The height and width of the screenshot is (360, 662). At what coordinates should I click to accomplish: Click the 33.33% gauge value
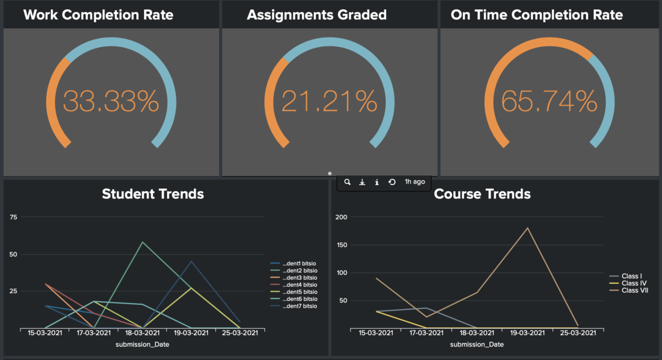coord(111,101)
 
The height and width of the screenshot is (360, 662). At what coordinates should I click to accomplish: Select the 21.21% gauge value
coord(329,101)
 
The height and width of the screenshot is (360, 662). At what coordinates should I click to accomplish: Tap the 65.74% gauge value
coord(549,101)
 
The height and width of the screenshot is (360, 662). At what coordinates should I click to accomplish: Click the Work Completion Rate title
coord(98,15)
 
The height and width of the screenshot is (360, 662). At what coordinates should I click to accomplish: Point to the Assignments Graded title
coord(317,15)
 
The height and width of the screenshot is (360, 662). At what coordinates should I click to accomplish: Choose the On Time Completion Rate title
coord(537,15)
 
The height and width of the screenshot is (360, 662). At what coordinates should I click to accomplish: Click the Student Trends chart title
coord(153,194)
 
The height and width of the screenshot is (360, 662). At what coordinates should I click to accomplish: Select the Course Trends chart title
coord(482,194)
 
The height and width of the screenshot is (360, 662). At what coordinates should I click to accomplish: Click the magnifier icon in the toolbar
coord(348,182)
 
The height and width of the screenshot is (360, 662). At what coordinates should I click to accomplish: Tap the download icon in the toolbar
coord(362,182)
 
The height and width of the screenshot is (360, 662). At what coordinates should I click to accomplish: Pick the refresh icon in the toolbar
coord(392,182)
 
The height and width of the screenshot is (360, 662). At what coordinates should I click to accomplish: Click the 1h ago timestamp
coord(415,182)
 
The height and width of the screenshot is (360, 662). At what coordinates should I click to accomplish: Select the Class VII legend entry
coord(634,291)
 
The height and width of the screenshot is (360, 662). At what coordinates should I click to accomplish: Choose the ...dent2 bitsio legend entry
coord(300,270)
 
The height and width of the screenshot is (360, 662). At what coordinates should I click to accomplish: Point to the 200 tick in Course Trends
coord(342,217)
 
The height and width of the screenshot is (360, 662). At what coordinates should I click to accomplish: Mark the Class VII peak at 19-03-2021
coord(527,228)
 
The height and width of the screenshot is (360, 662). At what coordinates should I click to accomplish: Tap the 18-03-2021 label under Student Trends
coord(143,332)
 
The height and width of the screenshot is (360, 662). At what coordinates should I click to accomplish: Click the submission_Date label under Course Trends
coord(476,345)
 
